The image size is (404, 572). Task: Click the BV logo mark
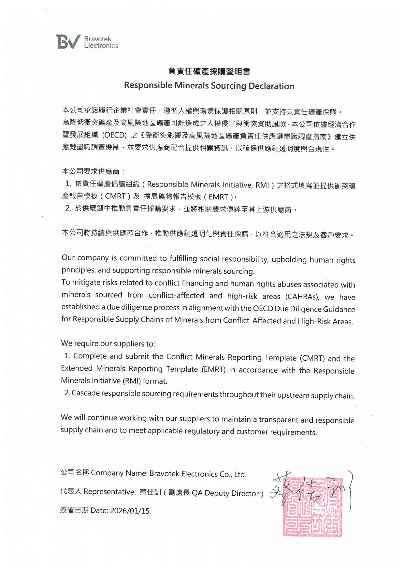click(x=68, y=42)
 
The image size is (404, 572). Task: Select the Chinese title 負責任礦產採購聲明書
click(x=209, y=71)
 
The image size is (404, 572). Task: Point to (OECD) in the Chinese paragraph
click(x=114, y=135)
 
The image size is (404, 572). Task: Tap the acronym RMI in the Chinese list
click(x=262, y=185)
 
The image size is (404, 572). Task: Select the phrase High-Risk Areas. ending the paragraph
click(x=325, y=321)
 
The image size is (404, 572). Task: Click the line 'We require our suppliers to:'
click(x=108, y=344)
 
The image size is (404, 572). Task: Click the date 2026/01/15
click(x=130, y=511)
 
